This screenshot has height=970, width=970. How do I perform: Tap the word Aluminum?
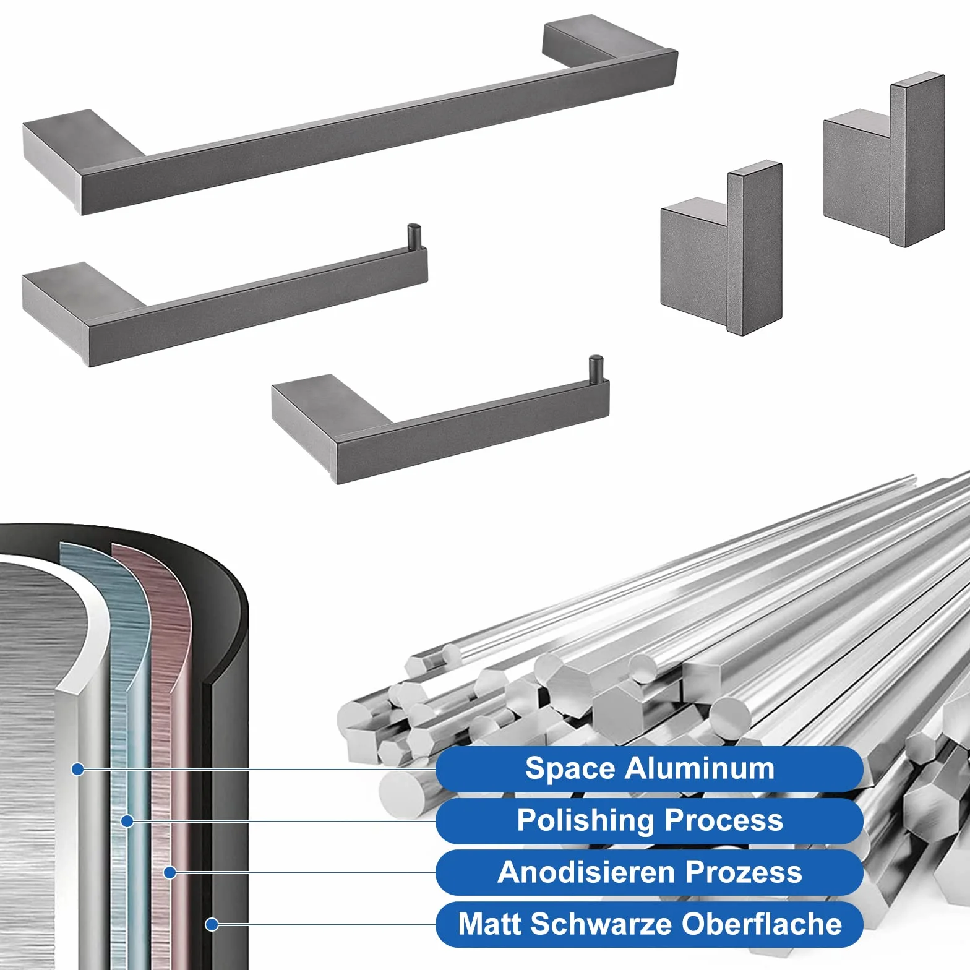point(699,768)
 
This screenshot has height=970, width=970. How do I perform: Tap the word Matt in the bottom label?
point(490,925)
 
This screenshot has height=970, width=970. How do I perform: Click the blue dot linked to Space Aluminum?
point(78,770)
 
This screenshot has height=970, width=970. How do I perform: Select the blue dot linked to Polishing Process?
point(127,822)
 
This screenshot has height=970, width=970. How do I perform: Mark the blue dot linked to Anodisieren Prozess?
point(170,873)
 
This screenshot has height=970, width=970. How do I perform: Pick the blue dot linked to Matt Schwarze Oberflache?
point(212,924)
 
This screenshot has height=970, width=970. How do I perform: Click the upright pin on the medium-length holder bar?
point(413,237)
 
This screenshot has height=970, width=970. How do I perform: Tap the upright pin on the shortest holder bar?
point(595,370)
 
